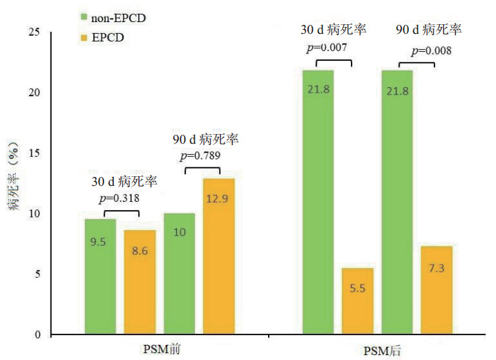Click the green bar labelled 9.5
click(x=100, y=276)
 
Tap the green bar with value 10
click(x=179, y=274)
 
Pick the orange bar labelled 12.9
click(x=219, y=256)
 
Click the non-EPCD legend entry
click(x=117, y=15)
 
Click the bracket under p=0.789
click(x=202, y=169)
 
